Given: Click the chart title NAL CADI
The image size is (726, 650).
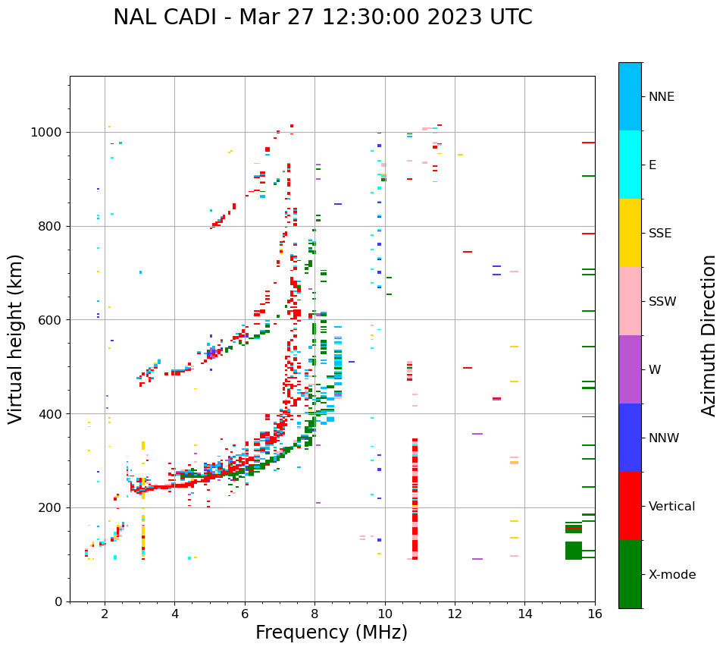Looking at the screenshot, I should (322, 17).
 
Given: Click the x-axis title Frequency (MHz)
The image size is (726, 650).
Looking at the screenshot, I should (331, 633).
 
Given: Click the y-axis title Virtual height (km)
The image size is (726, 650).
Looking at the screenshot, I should (16, 339).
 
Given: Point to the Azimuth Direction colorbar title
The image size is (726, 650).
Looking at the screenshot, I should (709, 335).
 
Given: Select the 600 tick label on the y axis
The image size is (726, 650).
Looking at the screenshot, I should (51, 320).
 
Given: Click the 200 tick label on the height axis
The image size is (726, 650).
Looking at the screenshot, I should (51, 507).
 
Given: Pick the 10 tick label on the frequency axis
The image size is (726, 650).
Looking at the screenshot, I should (385, 614).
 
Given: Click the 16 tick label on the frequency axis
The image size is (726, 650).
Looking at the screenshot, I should (595, 614).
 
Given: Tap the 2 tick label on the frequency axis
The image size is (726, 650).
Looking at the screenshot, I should (105, 614).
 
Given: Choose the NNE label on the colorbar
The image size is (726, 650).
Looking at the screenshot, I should (661, 97).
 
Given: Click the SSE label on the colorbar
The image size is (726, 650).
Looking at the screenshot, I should (660, 234).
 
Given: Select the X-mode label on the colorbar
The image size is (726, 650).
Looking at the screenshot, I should (671, 575).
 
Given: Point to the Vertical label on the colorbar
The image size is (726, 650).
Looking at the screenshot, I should (671, 507).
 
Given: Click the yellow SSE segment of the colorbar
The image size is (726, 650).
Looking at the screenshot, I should (630, 233).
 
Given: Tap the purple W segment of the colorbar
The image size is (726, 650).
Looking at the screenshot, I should (630, 369).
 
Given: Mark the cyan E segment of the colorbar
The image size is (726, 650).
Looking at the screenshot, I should (630, 165).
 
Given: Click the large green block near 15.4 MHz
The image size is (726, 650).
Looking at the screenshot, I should (574, 550).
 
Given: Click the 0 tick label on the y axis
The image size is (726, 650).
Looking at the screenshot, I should (58, 601).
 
